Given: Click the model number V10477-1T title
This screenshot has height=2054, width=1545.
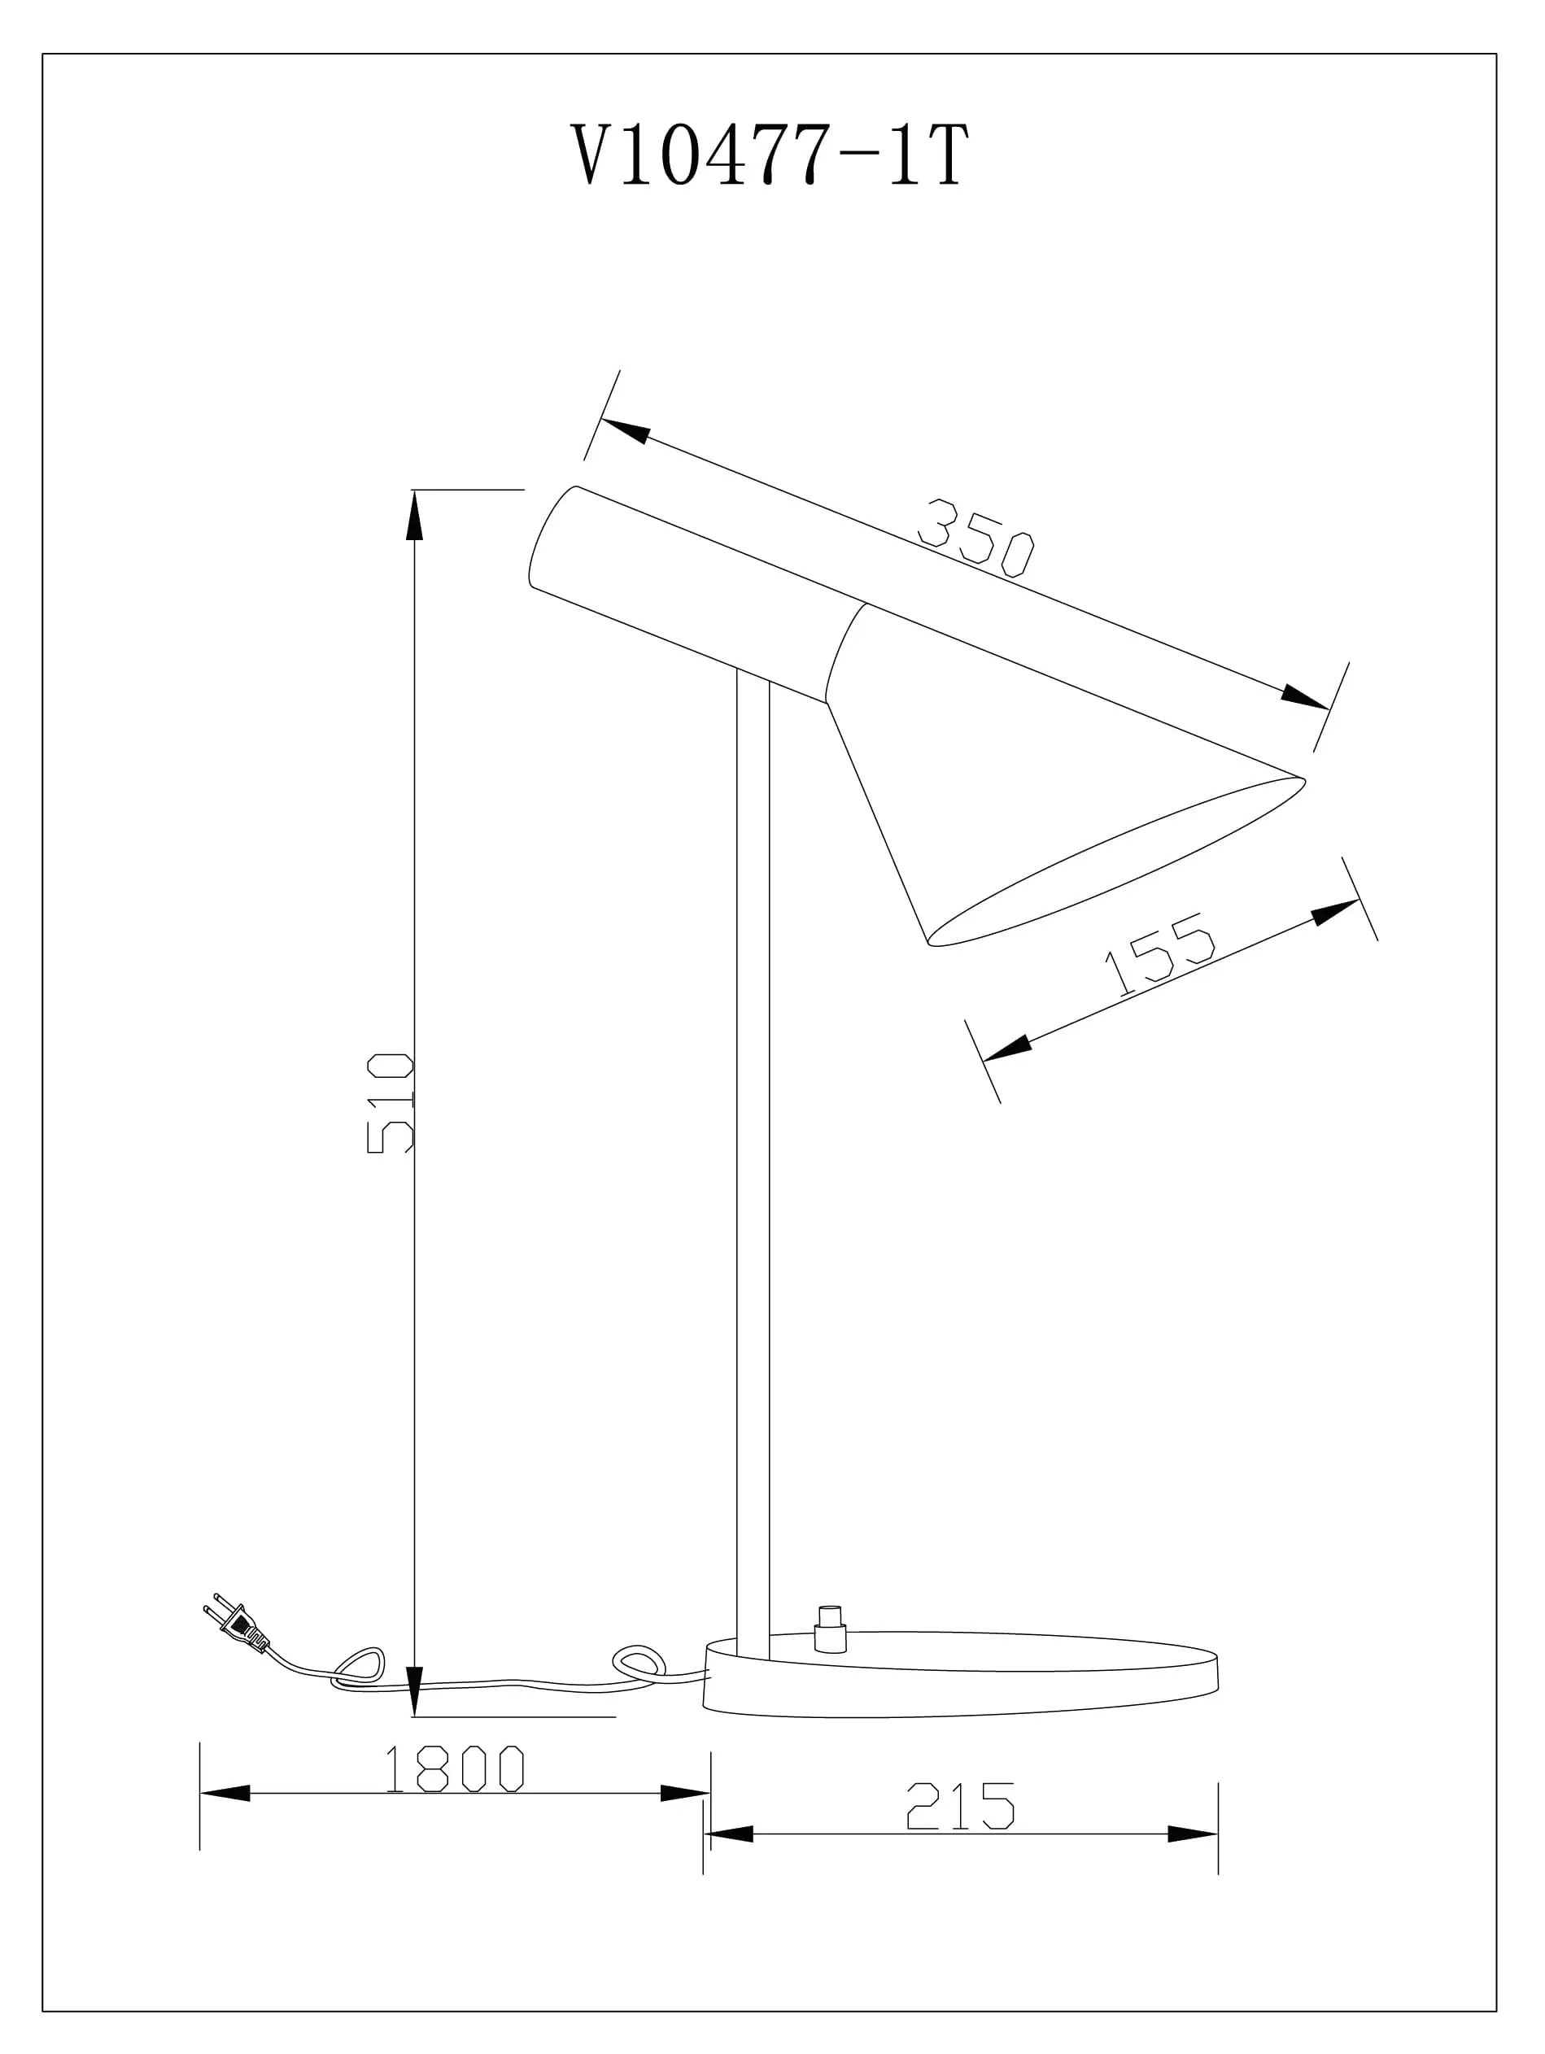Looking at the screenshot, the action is (x=770, y=155).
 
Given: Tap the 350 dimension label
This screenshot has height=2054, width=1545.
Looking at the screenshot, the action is (x=975, y=538).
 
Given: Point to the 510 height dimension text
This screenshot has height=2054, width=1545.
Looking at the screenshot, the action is (x=390, y=1103).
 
